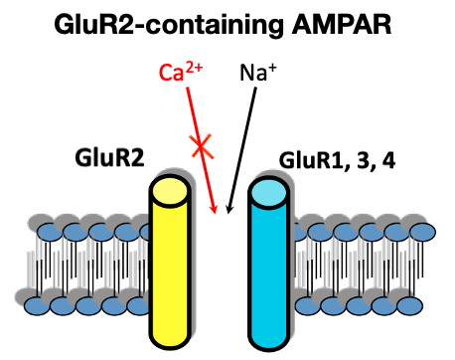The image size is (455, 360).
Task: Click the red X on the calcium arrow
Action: click(202, 148)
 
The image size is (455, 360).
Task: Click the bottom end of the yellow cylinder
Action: click(177, 333)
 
